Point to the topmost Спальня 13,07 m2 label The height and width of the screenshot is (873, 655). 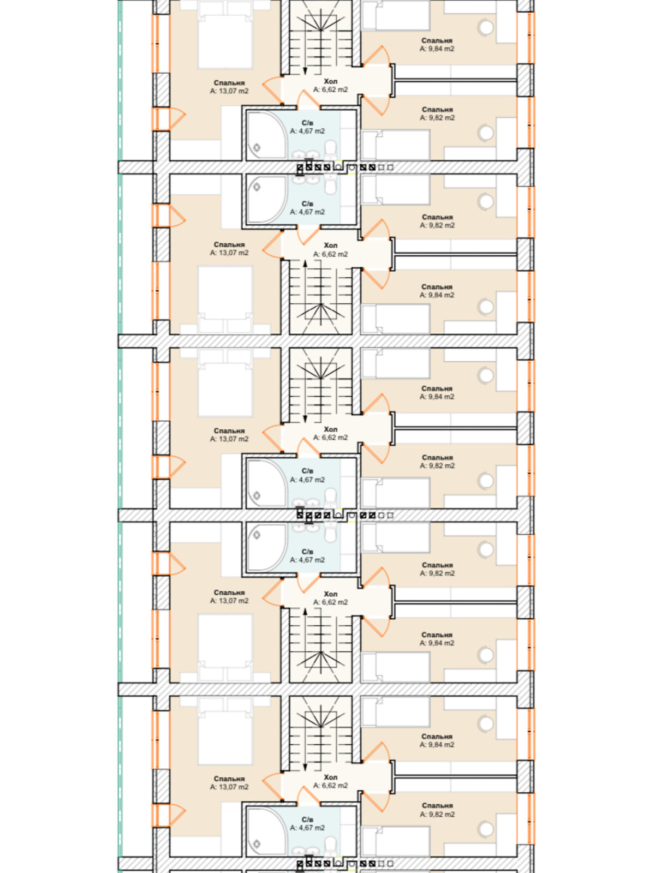point(229,87)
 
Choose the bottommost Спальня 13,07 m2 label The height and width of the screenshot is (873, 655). point(229,782)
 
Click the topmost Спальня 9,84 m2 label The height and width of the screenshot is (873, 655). point(437,45)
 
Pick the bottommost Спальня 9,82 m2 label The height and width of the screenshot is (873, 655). point(437,810)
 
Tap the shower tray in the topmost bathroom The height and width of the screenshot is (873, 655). point(266,134)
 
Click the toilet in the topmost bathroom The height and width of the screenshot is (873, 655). point(330,149)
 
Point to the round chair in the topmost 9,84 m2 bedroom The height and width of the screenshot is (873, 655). point(486,28)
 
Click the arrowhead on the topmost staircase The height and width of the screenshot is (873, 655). point(305,70)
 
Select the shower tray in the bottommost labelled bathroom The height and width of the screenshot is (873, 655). point(266,830)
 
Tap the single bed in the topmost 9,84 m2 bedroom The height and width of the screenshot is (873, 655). point(396,15)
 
